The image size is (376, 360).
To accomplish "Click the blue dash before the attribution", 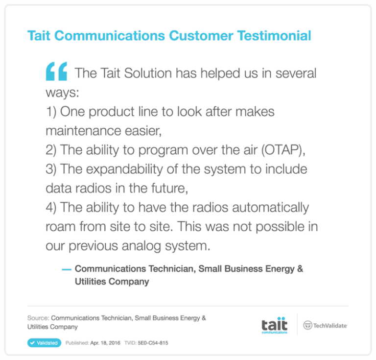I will tap(67, 269).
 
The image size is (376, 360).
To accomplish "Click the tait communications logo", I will tap(274, 326).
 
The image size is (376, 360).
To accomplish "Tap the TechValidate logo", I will tap(326, 325).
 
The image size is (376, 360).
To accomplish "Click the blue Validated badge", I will tap(44, 343).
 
